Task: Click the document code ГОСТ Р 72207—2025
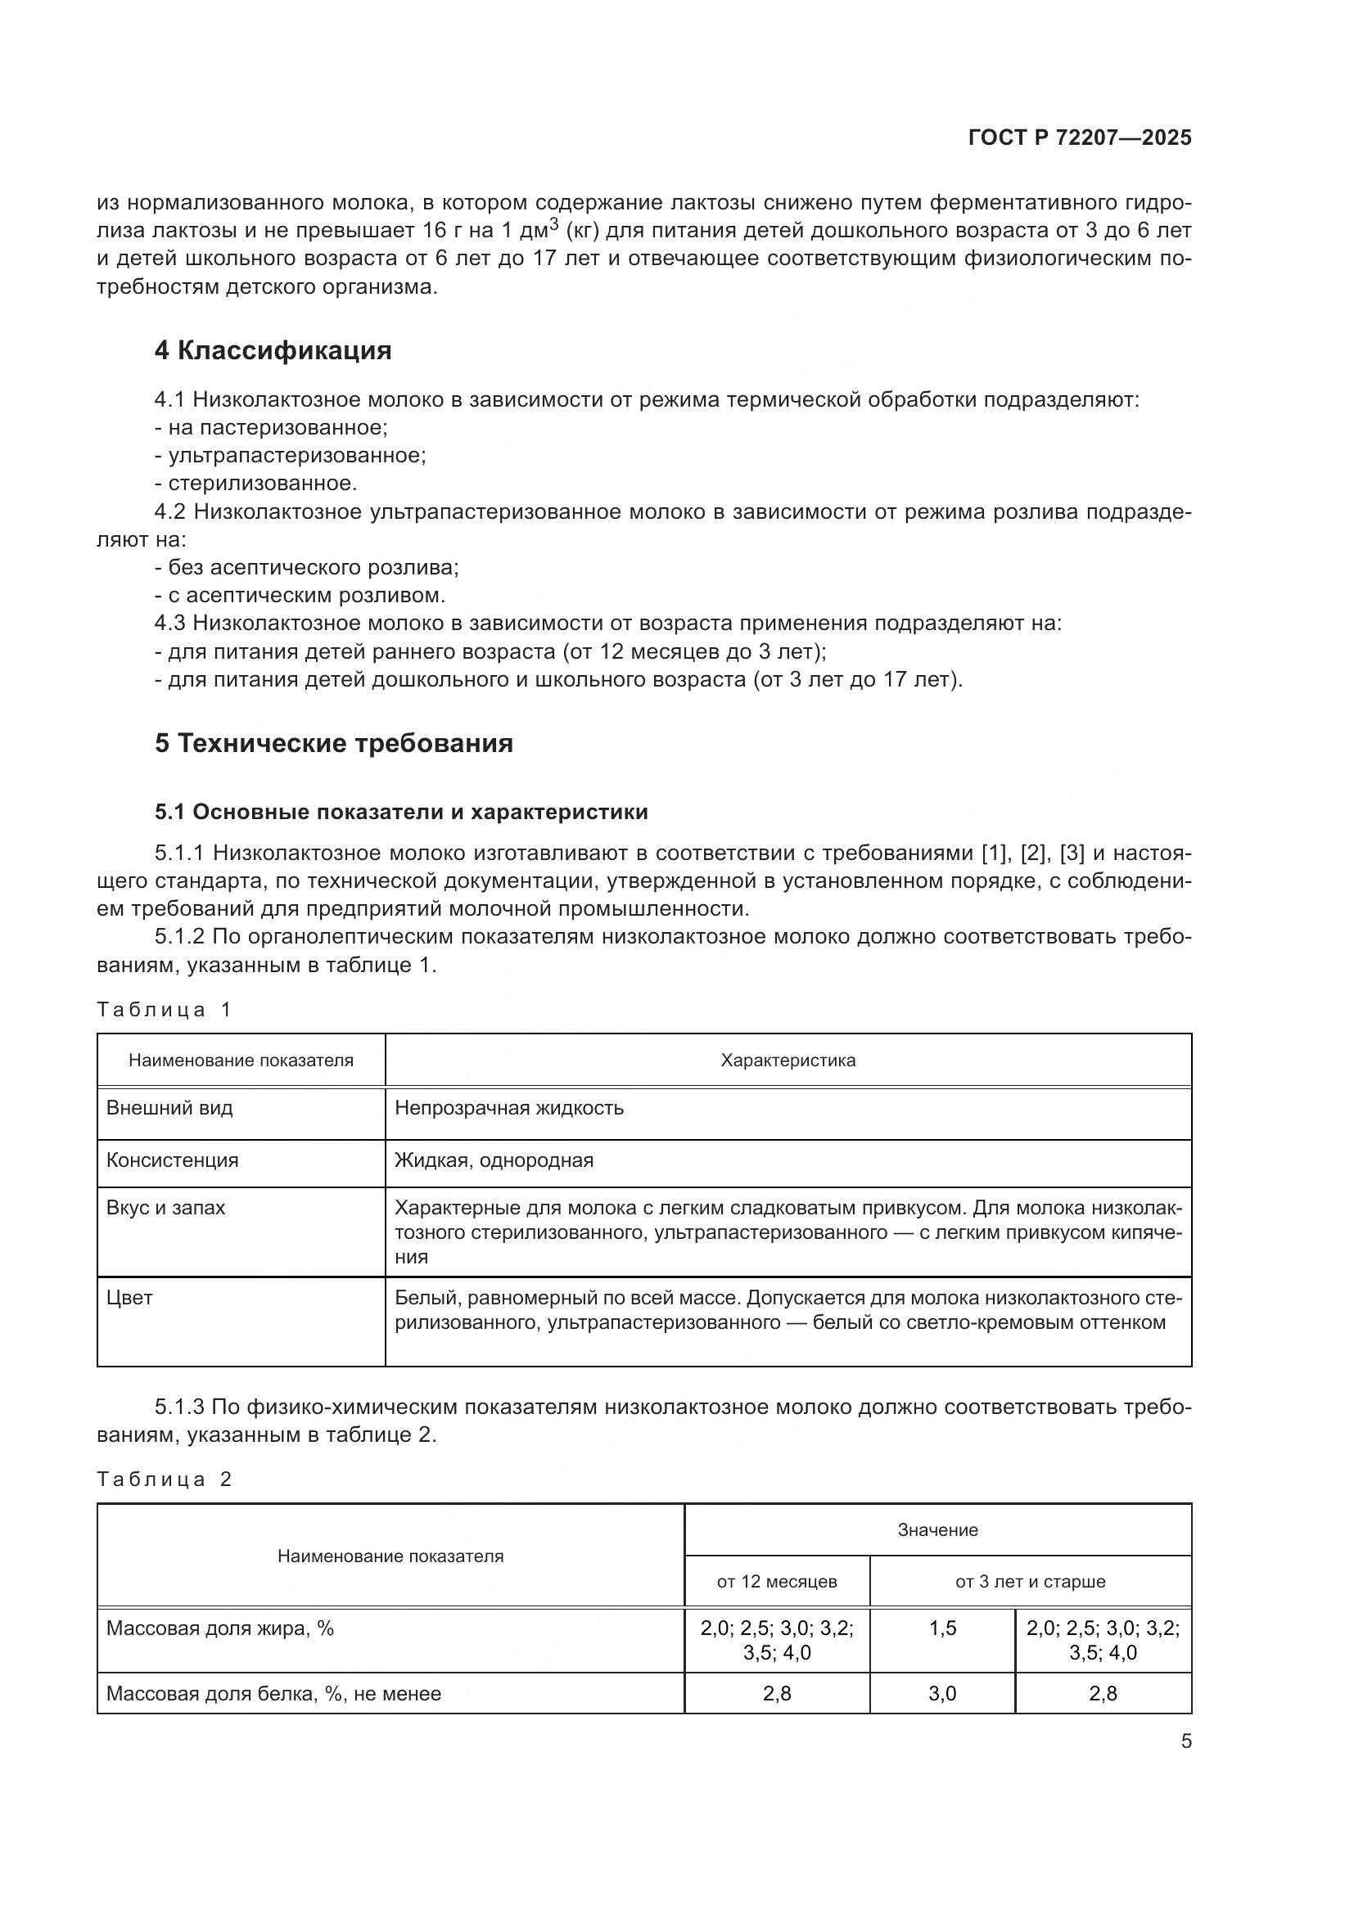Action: click(1079, 137)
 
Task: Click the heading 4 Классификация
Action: click(273, 350)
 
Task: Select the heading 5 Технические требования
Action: click(333, 743)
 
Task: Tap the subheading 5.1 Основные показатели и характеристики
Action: click(401, 812)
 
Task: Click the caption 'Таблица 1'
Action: click(164, 1010)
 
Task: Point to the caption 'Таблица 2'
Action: click(164, 1479)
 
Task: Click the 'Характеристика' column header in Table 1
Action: click(787, 1061)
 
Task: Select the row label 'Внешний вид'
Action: click(170, 1108)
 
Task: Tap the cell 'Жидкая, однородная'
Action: click(494, 1160)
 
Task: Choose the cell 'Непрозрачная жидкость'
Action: click(508, 1108)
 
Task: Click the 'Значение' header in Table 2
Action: click(937, 1529)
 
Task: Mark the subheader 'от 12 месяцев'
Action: click(776, 1582)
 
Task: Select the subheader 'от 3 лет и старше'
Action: click(1030, 1582)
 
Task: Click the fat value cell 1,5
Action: click(942, 1628)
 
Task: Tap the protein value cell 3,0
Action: click(942, 1693)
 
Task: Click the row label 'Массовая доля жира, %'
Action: click(220, 1628)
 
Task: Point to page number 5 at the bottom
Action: click(1185, 1741)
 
